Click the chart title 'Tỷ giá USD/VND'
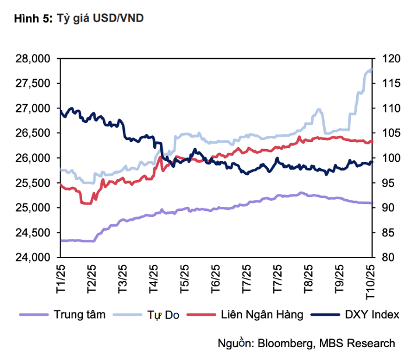[100, 19]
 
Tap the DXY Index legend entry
[371, 315]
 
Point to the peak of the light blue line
[371, 69]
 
